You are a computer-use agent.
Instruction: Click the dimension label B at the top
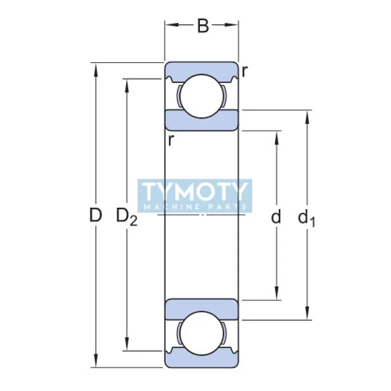[202, 26]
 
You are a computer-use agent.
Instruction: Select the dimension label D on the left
[96, 216]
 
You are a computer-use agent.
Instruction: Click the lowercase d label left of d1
[277, 217]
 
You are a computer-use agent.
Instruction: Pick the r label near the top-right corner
[244, 71]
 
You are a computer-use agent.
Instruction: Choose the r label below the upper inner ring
[170, 140]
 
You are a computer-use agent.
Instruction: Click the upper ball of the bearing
[201, 96]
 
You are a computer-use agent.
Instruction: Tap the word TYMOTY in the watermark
[195, 192]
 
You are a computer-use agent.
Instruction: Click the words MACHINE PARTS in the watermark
[195, 207]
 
